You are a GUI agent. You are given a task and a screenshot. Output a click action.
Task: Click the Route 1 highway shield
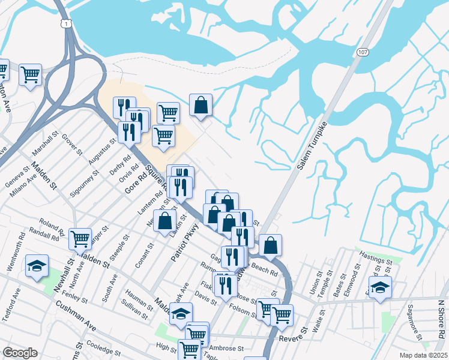pos(64,23)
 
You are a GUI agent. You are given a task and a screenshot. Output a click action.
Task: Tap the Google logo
pos(20,353)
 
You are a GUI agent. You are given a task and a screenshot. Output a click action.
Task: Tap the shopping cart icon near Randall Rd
pos(80,238)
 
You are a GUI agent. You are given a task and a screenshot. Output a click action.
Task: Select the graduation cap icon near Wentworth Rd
pos(37,265)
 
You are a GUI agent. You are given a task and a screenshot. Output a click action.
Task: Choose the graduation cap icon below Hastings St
pos(379,286)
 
